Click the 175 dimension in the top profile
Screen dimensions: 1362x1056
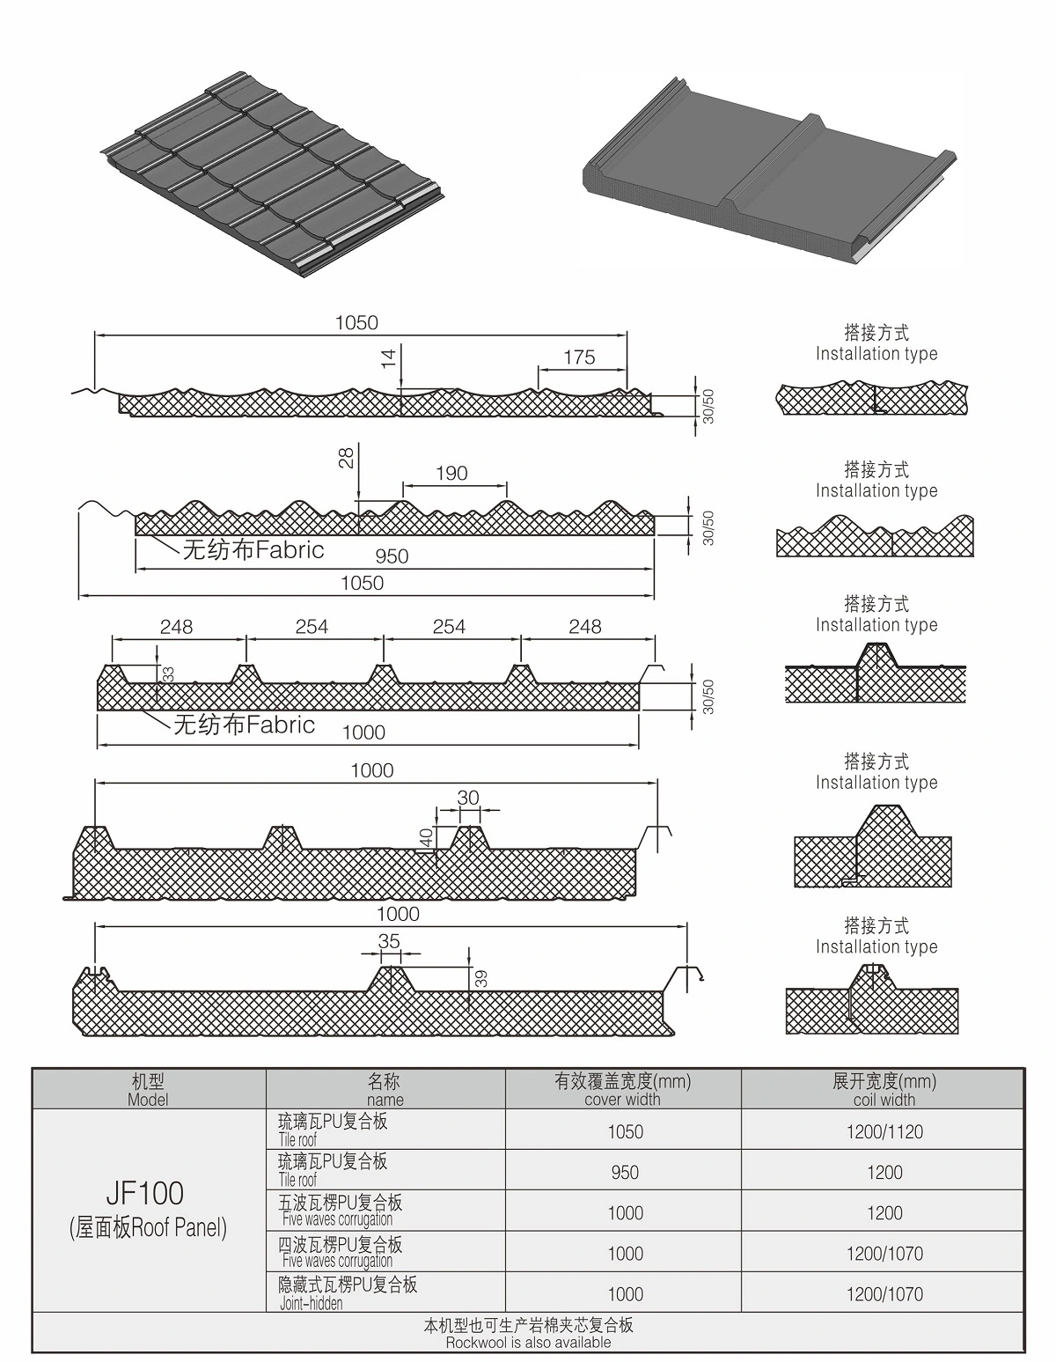(579, 357)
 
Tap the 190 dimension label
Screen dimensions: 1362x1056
(451, 474)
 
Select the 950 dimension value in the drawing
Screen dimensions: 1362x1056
(392, 556)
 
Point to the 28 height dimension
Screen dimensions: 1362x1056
(347, 457)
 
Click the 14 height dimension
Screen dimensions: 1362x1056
(388, 357)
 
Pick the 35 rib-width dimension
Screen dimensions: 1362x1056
(389, 941)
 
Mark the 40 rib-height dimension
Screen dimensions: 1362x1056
(427, 837)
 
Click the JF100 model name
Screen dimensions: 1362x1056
(145, 1194)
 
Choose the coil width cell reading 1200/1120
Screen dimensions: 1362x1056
(884, 1132)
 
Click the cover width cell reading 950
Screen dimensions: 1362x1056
(625, 1173)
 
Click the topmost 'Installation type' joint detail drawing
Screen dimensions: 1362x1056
(872, 399)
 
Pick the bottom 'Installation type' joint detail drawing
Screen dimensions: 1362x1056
(871, 999)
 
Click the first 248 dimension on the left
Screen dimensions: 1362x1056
(176, 627)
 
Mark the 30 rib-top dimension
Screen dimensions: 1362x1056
(468, 798)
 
